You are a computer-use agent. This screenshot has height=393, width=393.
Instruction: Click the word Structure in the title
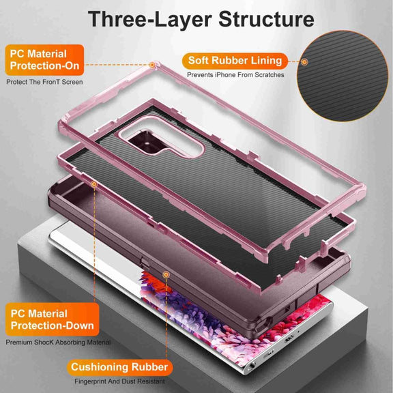(266, 19)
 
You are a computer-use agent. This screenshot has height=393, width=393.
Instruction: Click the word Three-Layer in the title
(150, 20)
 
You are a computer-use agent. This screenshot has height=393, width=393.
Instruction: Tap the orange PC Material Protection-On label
(44, 60)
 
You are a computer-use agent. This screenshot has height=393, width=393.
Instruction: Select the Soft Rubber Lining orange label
(235, 61)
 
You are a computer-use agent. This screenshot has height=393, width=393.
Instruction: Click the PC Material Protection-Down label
(52, 319)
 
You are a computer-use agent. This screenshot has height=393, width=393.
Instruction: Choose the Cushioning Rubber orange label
(119, 367)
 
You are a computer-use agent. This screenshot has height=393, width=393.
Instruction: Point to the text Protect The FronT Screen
(44, 82)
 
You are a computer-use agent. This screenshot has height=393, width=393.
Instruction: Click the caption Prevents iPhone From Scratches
(235, 74)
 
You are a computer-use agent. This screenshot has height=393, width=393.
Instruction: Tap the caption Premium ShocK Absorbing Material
(58, 342)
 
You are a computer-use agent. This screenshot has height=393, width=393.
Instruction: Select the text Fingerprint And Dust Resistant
(119, 381)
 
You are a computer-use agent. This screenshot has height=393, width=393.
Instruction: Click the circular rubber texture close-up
(343, 76)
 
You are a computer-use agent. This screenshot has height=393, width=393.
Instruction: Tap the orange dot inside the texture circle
(304, 61)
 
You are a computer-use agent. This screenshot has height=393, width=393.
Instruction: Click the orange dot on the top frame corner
(152, 65)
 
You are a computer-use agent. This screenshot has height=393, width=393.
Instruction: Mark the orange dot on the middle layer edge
(94, 184)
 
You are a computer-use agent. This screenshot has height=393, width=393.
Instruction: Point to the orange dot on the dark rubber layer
(166, 275)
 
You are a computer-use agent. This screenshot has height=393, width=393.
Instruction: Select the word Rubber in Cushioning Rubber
(149, 367)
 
